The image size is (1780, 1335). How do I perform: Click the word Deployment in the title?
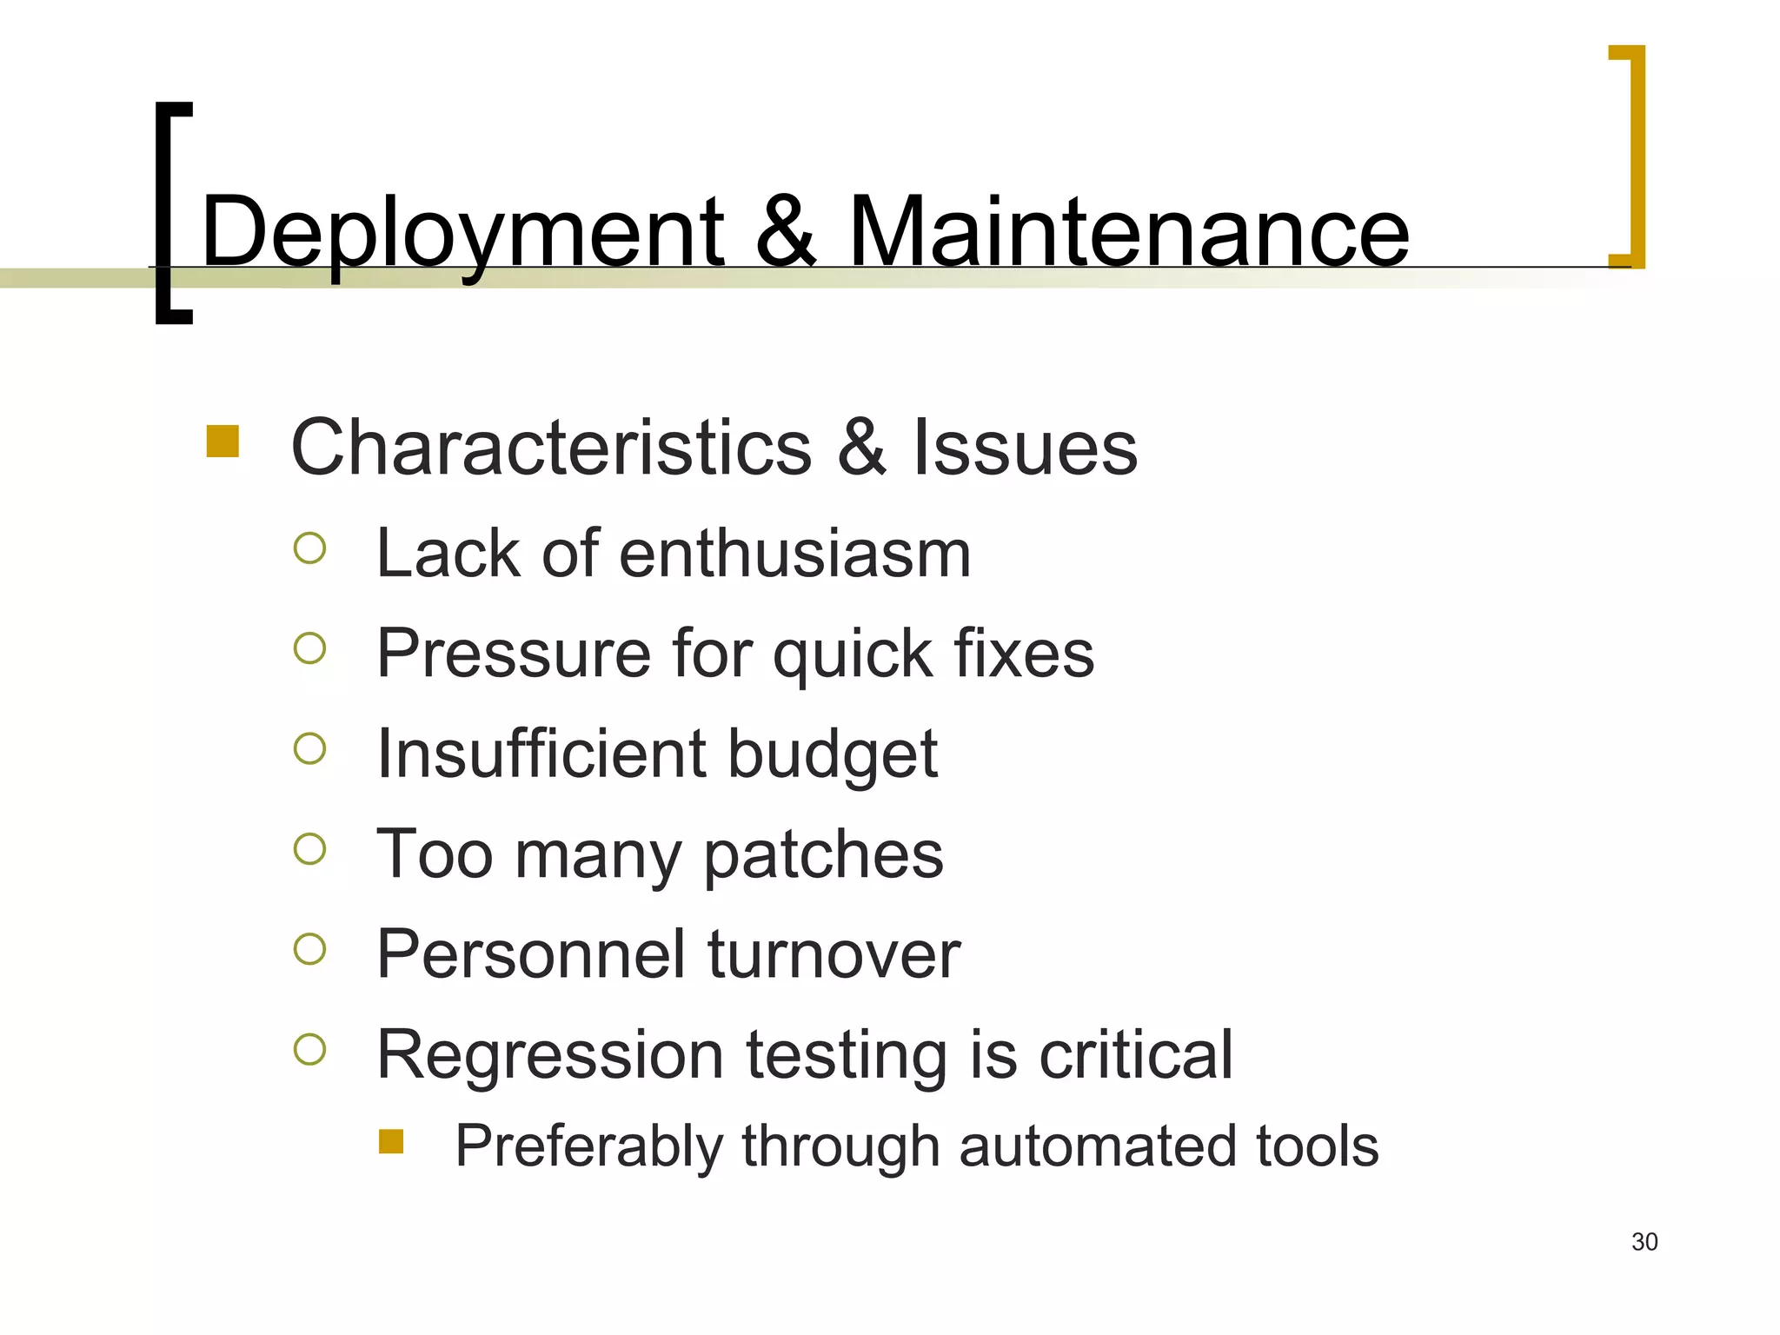(462, 233)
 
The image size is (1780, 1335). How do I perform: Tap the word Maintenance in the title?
(1127, 233)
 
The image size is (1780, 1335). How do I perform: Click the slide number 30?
(1644, 1242)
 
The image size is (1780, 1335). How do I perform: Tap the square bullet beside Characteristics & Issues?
(222, 441)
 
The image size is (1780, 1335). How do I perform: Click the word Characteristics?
(551, 448)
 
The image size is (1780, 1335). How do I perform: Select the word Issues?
(1025, 448)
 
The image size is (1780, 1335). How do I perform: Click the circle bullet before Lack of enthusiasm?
(310, 548)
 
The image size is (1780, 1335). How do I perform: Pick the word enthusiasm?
(794, 554)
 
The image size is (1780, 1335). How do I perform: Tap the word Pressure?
(514, 654)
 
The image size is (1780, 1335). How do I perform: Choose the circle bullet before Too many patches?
(310, 849)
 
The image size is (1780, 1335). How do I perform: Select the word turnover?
(834, 954)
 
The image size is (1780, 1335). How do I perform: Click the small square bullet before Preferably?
(391, 1141)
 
